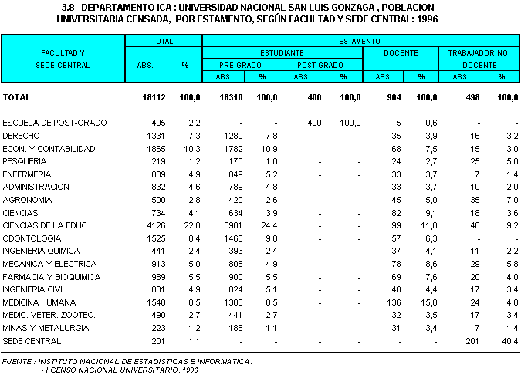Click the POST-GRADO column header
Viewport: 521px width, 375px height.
click(x=320, y=65)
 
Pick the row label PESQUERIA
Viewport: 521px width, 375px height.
click(x=25, y=161)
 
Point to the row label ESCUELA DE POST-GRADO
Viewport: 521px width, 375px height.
click(x=55, y=123)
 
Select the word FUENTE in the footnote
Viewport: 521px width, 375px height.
click(x=19, y=361)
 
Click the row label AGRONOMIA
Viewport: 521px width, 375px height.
click(x=28, y=199)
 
